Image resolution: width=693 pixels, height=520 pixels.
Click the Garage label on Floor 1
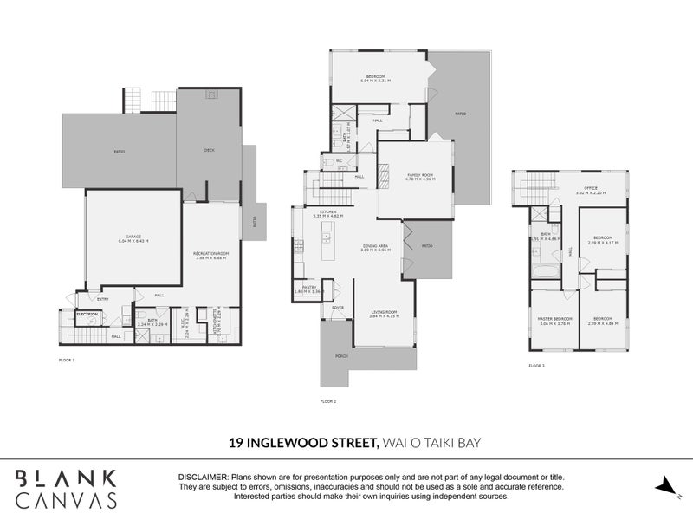pos(133,237)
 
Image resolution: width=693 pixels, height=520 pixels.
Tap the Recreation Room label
pos(210,255)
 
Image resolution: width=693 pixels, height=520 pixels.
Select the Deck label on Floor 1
pos(209,149)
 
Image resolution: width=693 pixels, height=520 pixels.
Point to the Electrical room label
pos(87,314)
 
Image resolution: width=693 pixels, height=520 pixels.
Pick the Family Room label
pos(421,177)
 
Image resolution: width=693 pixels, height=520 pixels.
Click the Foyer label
pos(338,308)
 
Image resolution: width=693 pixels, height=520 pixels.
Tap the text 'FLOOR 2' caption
pos(328,401)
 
